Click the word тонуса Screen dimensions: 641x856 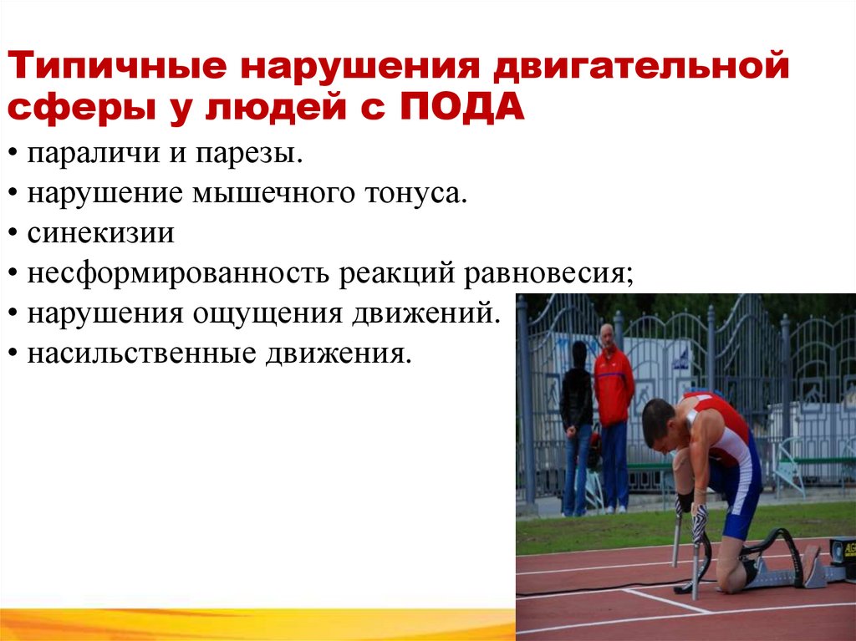415,193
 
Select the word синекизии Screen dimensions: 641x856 100,232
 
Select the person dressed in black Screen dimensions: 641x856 576,426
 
